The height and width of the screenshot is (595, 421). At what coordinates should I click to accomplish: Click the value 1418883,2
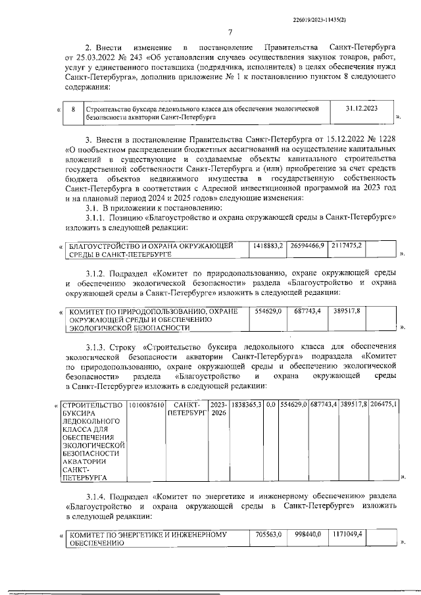pyautogui.click(x=268, y=245)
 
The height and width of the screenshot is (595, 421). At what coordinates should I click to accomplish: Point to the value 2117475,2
pyautogui.click(x=348, y=245)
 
